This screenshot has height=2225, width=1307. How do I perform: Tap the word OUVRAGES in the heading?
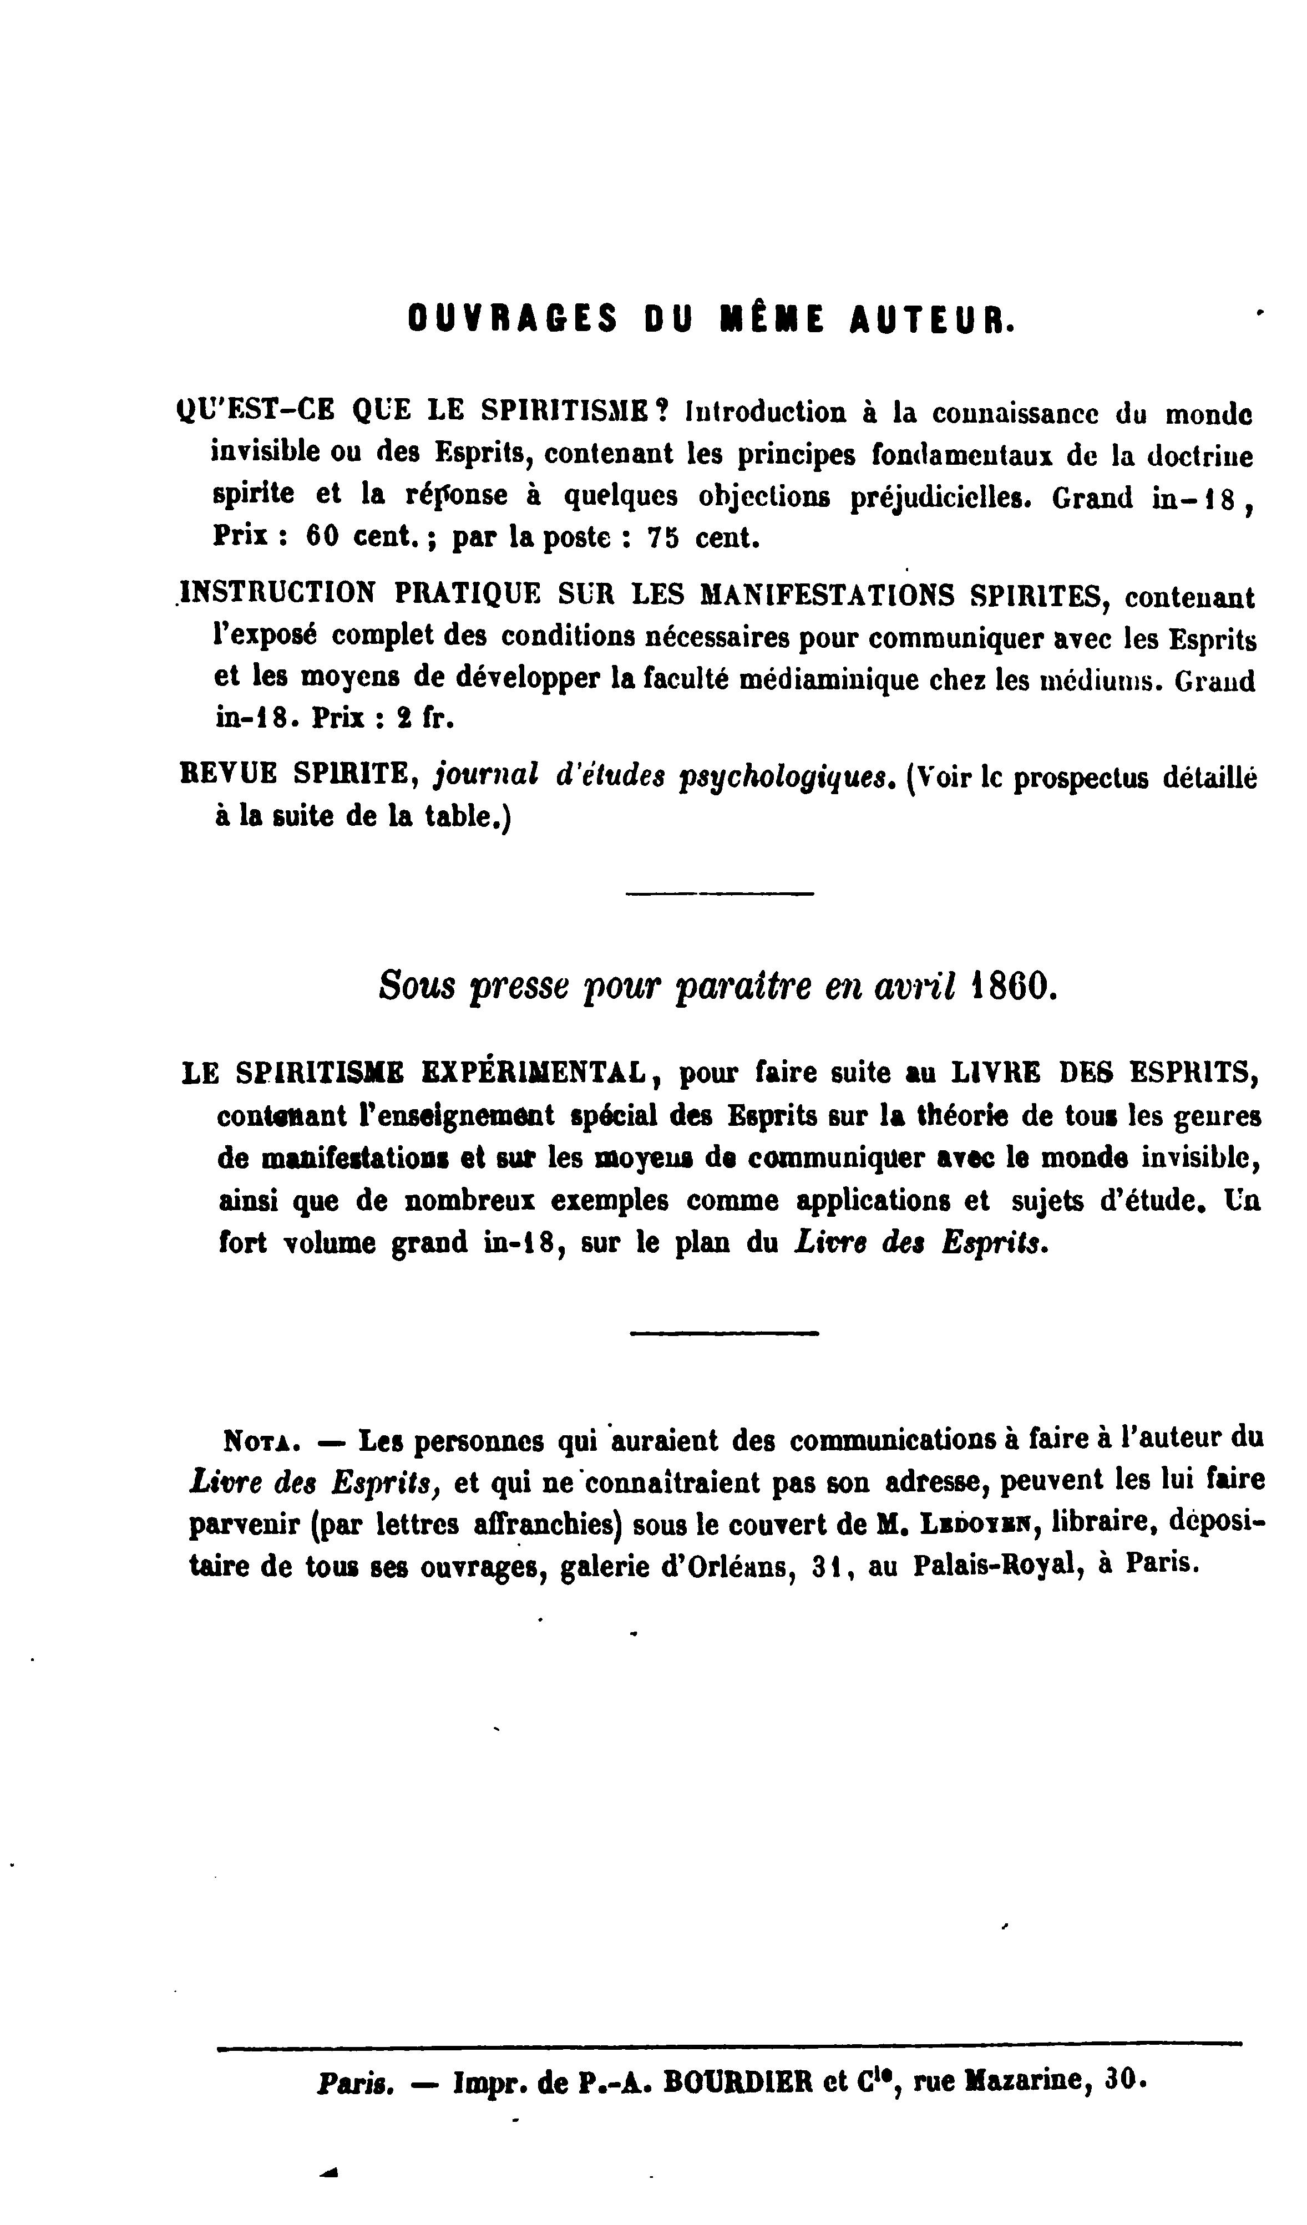(512, 319)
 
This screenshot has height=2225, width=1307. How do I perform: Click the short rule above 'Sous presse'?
(719, 895)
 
